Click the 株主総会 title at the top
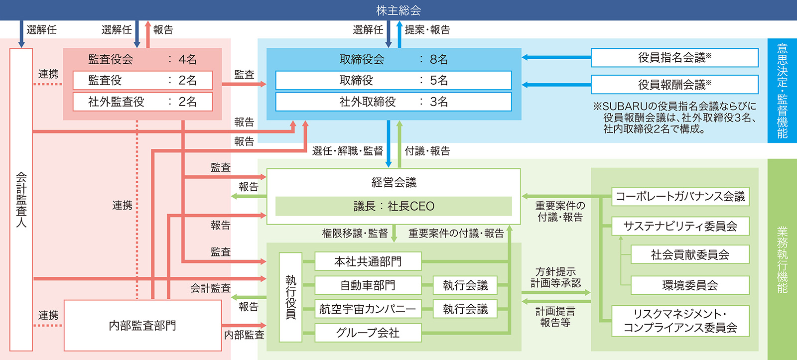398,10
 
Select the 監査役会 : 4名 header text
142,59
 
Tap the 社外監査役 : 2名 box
142,102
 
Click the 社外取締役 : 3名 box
394,102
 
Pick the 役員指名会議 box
674,58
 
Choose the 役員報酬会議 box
674,85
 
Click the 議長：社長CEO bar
394,206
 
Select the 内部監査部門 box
142,326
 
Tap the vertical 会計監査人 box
21,200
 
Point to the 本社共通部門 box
368,261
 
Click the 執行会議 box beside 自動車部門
465,285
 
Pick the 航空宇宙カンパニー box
368,309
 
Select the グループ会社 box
368,333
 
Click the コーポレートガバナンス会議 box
680,196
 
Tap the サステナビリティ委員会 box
680,226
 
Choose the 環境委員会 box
690,285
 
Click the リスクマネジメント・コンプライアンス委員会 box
680,321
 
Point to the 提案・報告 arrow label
427,30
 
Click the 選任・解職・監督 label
348,151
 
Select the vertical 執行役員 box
291,297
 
